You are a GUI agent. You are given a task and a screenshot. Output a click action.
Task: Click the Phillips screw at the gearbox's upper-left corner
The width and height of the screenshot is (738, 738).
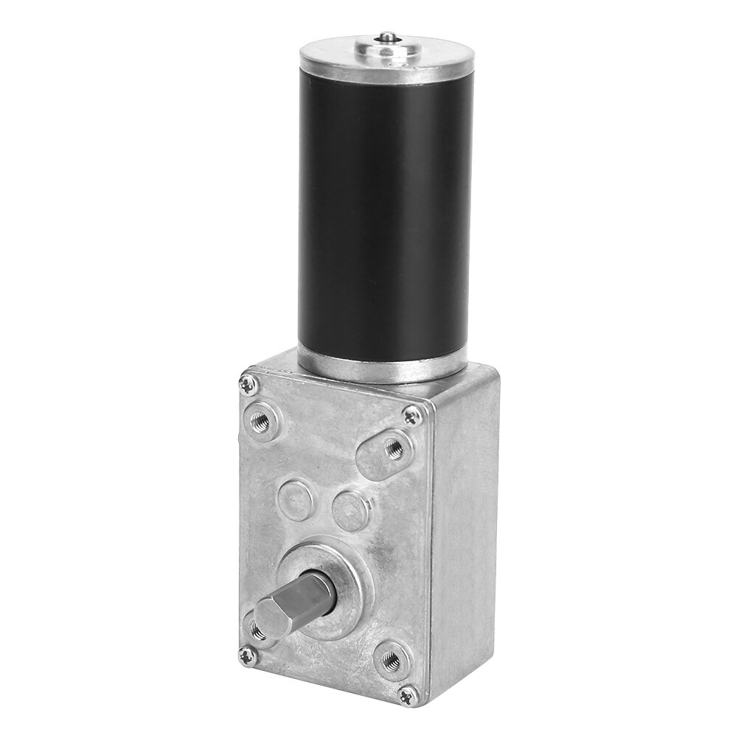tap(248, 383)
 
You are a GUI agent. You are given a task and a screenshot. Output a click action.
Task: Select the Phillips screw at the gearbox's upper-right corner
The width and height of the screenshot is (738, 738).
tap(414, 417)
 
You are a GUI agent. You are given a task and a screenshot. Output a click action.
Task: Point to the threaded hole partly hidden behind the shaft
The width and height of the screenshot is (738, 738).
tap(257, 631)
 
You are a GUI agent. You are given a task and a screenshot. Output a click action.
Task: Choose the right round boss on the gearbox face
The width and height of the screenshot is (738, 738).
tap(350, 509)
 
